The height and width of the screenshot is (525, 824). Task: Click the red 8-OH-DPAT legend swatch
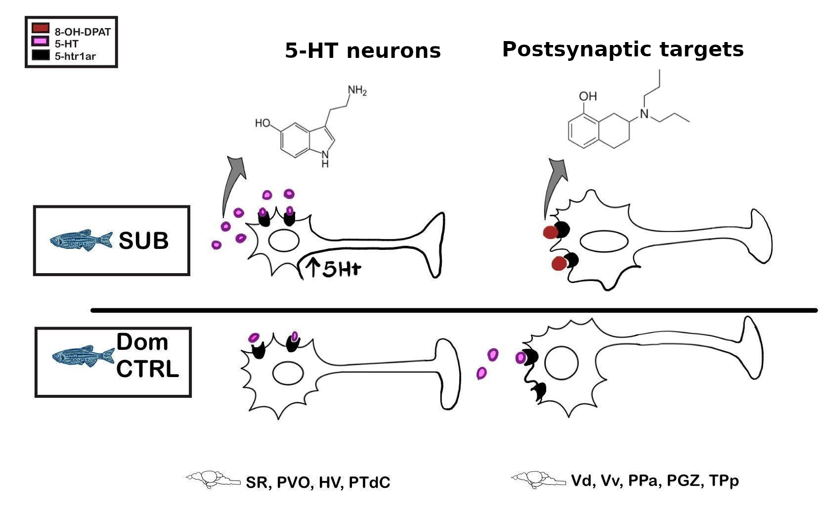[x=41, y=28]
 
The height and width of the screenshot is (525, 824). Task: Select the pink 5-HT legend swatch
[x=41, y=41]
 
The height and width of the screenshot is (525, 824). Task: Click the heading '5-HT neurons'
[x=363, y=50]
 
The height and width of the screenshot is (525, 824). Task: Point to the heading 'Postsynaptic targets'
[x=623, y=49]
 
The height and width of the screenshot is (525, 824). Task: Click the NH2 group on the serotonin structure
[x=357, y=91]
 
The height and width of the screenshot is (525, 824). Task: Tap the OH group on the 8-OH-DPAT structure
[x=587, y=96]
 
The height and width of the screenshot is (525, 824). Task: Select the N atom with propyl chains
[x=644, y=114]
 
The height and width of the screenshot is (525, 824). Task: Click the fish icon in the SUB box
[x=81, y=240]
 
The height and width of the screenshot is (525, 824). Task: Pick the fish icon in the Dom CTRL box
[x=83, y=356]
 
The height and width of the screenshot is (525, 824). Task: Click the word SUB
[x=143, y=241]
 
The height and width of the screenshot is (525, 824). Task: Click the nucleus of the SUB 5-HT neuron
[x=284, y=240]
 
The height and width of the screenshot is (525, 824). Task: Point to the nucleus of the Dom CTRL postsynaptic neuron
[x=561, y=363]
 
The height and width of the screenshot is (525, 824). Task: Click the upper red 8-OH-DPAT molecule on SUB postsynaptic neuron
[x=550, y=233]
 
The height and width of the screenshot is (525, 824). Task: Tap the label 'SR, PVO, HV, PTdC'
[x=318, y=482]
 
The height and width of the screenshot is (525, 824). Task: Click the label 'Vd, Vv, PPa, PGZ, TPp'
[x=655, y=481]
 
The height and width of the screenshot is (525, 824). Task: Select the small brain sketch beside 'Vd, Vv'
[x=538, y=479]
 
